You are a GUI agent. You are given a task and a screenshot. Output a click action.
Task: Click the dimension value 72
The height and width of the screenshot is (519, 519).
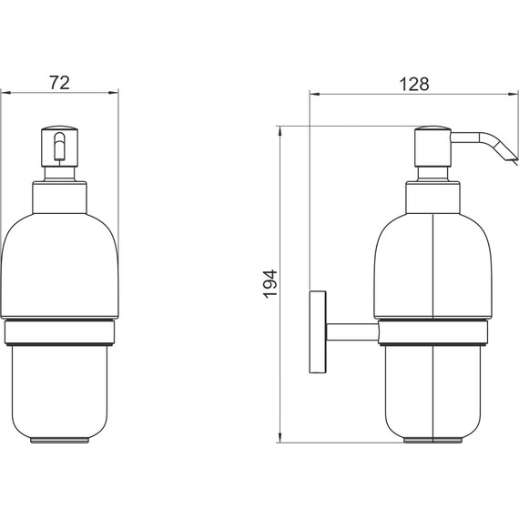pyautogui.click(x=59, y=83)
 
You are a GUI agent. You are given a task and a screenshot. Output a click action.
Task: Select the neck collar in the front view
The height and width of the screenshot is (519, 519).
pyautogui.click(x=60, y=197)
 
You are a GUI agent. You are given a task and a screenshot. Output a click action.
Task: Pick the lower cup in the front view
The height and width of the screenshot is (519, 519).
pyautogui.click(x=60, y=392)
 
